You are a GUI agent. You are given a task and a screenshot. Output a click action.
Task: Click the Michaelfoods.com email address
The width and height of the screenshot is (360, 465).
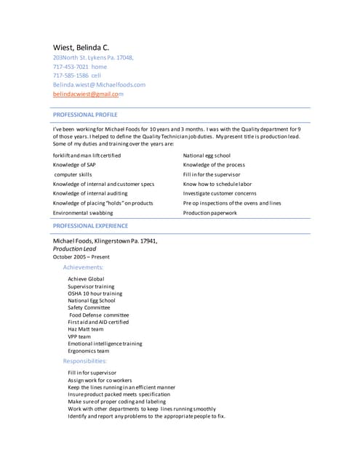click(x=100, y=84)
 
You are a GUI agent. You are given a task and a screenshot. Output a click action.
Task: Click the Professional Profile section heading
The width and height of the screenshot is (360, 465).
click(x=85, y=115)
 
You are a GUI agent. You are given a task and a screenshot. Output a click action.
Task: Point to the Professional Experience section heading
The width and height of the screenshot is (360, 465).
click(x=90, y=227)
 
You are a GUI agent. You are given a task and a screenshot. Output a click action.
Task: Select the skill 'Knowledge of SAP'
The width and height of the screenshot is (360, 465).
click(x=74, y=165)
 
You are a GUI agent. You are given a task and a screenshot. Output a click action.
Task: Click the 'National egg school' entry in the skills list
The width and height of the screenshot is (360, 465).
click(x=207, y=155)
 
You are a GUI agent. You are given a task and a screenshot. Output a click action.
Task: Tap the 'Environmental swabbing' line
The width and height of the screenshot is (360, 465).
click(x=83, y=213)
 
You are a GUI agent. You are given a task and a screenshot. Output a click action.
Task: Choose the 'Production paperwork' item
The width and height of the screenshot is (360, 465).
click(x=209, y=213)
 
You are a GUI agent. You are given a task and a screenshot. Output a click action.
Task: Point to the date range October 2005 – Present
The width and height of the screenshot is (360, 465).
click(x=81, y=256)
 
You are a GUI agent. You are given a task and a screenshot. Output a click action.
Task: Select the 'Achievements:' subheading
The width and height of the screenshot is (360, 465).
click(x=88, y=267)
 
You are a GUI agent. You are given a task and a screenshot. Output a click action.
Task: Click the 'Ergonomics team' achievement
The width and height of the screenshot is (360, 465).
click(x=88, y=351)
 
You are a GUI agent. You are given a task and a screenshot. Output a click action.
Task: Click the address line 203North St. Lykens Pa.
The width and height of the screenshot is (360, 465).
click(x=93, y=57)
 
